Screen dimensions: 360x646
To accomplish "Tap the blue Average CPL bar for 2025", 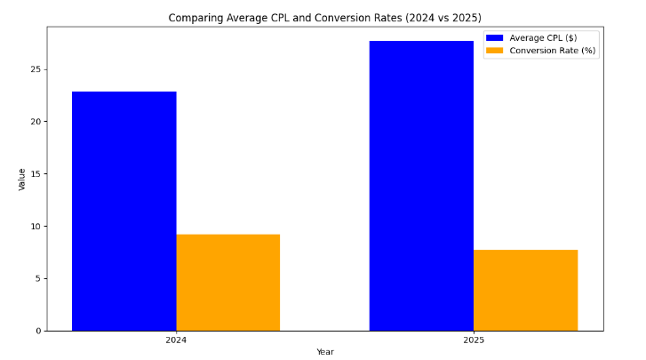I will point(421,186).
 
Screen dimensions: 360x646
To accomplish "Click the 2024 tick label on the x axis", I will point(176,340).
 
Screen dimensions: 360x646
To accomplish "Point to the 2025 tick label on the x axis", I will point(474,340).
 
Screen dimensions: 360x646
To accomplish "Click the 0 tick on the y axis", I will point(37,331).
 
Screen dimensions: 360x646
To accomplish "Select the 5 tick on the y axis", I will point(37,278).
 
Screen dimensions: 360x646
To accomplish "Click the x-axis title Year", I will point(325,352).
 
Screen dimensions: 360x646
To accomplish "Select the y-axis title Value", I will point(22,179).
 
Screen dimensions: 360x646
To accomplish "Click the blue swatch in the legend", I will point(494,37).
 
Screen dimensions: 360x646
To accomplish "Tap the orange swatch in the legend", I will point(494,51).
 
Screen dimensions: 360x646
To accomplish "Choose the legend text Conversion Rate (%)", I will point(553,51).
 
